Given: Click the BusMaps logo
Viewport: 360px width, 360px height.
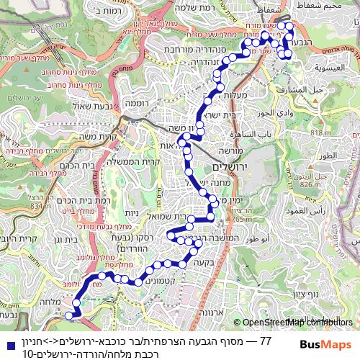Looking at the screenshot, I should pos(325,344).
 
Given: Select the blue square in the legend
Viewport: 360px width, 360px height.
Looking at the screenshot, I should pos(6,341).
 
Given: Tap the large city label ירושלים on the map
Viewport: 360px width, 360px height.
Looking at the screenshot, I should pos(230,166).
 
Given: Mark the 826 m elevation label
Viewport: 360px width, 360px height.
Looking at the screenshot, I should pos(310,185).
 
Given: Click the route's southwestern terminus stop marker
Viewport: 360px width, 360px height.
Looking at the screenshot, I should pos(69,315).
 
